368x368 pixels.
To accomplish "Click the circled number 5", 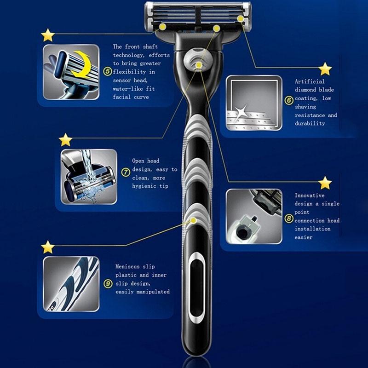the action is [x=108, y=71].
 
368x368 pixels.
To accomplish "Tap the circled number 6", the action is [x=289, y=100].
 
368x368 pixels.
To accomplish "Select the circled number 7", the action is [x=126, y=172].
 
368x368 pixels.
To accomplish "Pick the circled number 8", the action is [x=289, y=219].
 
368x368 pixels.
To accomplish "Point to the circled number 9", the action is [x=108, y=284].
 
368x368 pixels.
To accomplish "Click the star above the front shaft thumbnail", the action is [x=48, y=35].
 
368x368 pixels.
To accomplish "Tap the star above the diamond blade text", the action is [x=325, y=69].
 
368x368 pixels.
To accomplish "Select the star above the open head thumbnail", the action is [x=65, y=140].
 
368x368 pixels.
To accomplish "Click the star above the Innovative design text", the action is [x=325, y=183].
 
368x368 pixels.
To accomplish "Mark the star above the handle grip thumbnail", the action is [x=48, y=247].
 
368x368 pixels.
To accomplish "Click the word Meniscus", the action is [x=128, y=267].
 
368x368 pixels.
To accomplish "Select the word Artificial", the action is [x=310, y=81].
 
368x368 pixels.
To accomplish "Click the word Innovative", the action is [x=310, y=195].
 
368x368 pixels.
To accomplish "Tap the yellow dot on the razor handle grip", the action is [x=193, y=220].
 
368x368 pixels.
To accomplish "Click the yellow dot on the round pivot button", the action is [x=199, y=65].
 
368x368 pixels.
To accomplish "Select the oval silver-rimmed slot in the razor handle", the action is [x=197, y=288].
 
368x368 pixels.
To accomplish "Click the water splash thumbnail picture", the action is [x=89, y=177].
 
